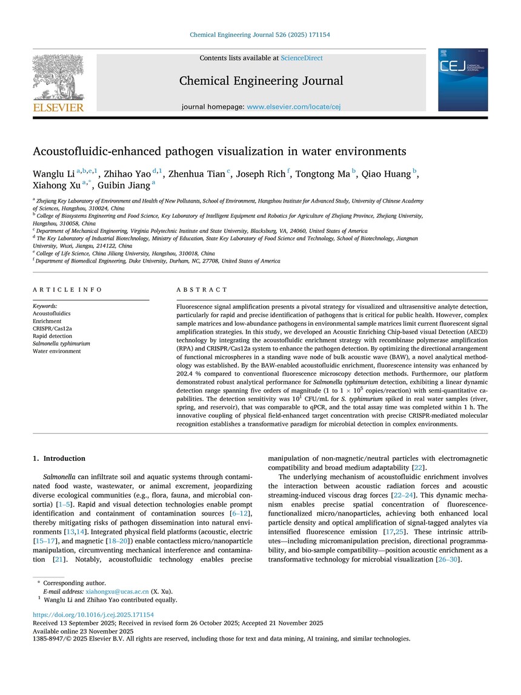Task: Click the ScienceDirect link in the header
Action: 301,58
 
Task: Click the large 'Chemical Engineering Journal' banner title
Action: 261,81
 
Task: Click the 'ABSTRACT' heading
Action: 202,290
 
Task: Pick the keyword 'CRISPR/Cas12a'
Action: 52,328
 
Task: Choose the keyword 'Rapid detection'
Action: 53,335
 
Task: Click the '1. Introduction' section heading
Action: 59,458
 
